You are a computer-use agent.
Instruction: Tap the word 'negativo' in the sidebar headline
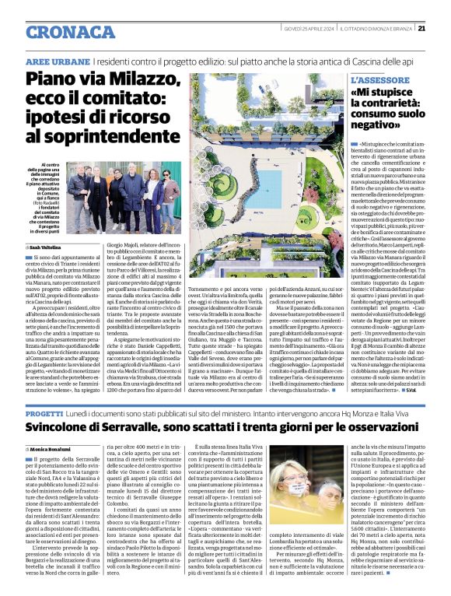point(376,124)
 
